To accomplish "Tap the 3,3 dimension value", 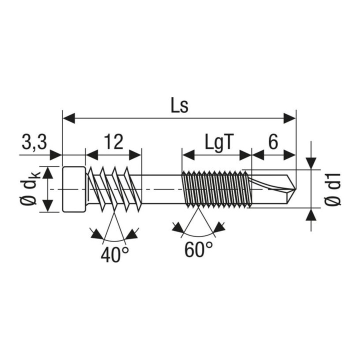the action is [x=34, y=142].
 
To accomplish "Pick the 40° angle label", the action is [x=114, y=255].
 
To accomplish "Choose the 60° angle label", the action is [x=198, y=249].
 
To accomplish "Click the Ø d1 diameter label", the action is [x=333, y=189].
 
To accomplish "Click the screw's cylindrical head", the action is [x=74, y=189].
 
